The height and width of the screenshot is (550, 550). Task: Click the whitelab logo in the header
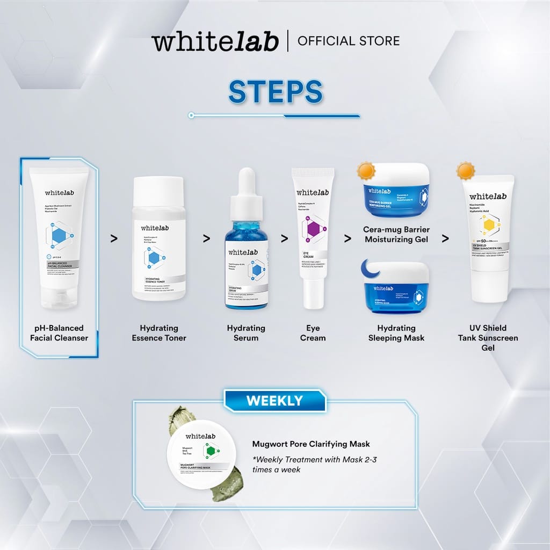(x=215, y=41)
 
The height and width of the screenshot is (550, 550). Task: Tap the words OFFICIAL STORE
(x=348, y=41)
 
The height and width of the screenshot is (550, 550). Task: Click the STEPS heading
(x=275, y=92)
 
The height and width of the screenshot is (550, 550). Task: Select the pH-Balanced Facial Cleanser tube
(x=59, y=236)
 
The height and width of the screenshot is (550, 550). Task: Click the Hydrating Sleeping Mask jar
(x=396, y=288)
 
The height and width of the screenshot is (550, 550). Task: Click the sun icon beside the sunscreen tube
(x=466, y=171)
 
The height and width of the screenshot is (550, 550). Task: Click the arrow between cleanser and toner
(x=113, y=238)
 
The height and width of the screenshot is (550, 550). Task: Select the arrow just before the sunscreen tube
(x=445, y=238)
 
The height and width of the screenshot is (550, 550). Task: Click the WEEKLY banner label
(x=274, y=401)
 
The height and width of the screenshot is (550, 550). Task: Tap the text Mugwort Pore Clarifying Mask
(x=311, y=444)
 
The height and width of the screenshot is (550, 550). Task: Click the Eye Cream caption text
(x=313, y=333)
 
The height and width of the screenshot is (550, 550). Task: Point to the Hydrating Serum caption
(x=246, y=333)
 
